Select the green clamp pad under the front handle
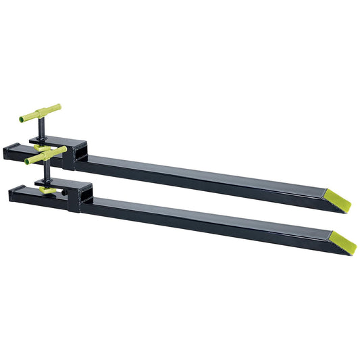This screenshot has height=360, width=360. click(x=47, y=191)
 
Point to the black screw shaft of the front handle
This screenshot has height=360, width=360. click(x=46, y=172)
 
